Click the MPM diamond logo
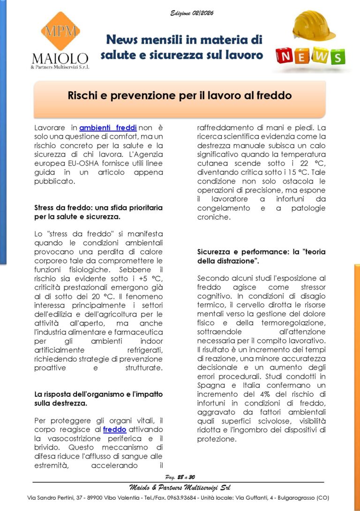(60, 31)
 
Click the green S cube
(337, 57)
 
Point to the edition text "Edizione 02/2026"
(192, 13)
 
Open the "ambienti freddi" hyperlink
(108, 127)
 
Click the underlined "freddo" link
(115, 429)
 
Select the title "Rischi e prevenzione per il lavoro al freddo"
(180, 96)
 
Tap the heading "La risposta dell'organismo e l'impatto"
(98, 393)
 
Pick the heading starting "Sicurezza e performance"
(261, 252)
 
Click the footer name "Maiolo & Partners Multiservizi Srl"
(180, 488)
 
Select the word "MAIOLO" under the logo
(60, 58)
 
